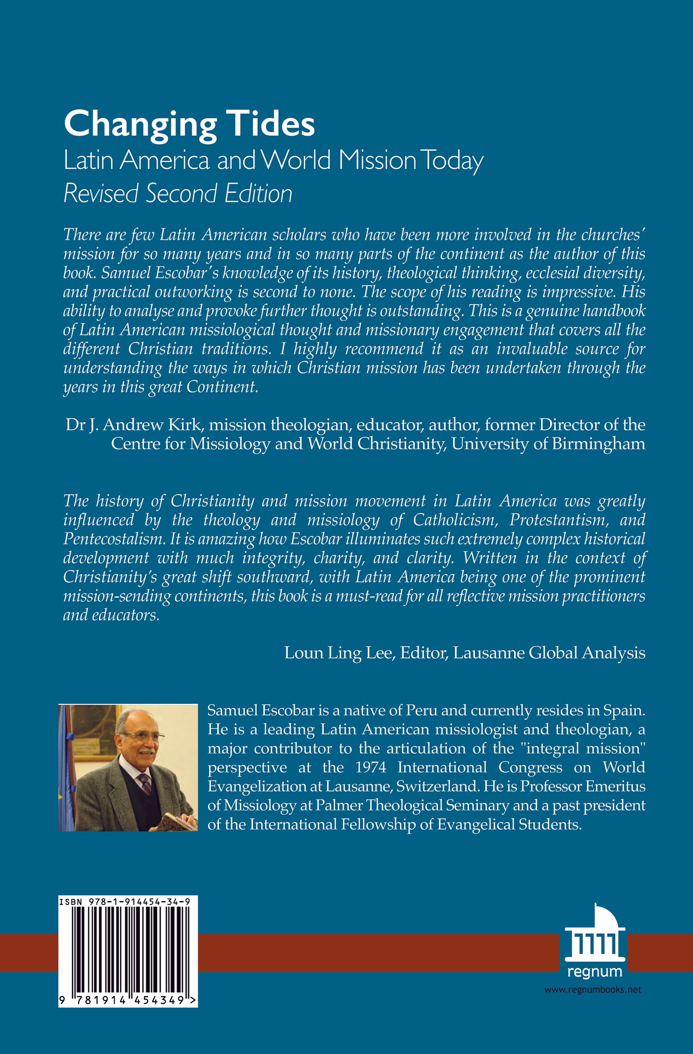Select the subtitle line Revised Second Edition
[x=178, y=194]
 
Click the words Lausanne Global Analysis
[x=549, y=653]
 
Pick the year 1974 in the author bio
[x=371, y=768]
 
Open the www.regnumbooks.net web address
[x=593, y=990]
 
